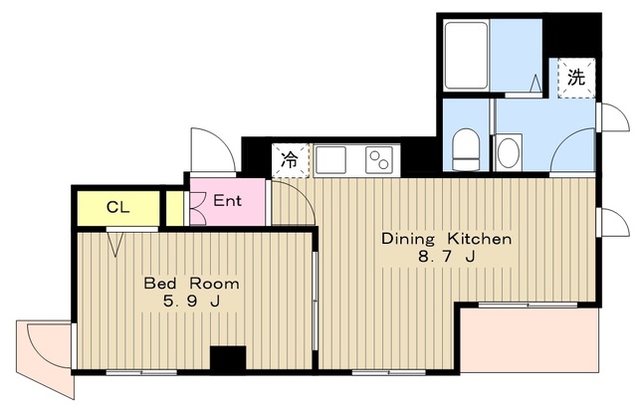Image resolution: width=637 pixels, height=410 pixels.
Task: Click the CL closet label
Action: [x=117, y=208]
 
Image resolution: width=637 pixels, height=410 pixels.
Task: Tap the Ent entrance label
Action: [x=228, y=201]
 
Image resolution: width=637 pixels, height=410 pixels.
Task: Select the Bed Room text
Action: [x=192, y=284]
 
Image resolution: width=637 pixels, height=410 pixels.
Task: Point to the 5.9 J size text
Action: [x=191, y=302]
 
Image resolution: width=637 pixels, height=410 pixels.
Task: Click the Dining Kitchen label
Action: [x=447, y=239]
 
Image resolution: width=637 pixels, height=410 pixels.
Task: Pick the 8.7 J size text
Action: [x=447, y=257]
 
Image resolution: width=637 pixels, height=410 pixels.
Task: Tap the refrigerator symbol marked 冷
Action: [x=290, y=160]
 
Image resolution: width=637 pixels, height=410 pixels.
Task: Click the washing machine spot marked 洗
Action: [x=576, y=78]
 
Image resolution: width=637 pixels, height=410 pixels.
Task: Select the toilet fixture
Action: [x=466, y=149]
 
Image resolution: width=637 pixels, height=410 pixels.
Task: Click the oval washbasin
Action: [x=509, y=152]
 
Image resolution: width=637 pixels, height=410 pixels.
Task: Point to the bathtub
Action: [x=466, y=56]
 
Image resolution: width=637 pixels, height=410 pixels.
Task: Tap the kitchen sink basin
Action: [x=330, y=160]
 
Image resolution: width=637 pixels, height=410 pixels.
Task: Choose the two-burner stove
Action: [x=379, y=160]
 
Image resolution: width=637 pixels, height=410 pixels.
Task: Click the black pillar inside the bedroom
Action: [x=228, y=358]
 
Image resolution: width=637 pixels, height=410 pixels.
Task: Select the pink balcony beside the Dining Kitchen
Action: [x=530, y=339]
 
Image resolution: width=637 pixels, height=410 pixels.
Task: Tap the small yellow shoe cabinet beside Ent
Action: [x=175, y=208]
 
